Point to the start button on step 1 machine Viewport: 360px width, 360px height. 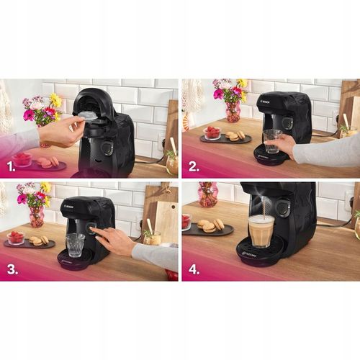tap(107, 147)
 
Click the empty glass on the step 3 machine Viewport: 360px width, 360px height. tap(75, 244)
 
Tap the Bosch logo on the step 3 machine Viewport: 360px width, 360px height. tap(69, 206)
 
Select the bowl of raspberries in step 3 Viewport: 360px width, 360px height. tap(16, 237)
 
